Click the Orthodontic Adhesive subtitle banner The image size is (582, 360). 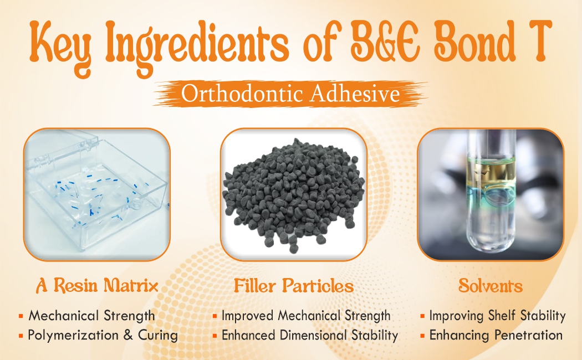[x=290, y=94]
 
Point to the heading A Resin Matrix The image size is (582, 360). [x=97, y=286]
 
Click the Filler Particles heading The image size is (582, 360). [x=293, y=286]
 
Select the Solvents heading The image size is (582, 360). [x=490, y=286]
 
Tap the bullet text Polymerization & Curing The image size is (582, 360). [x=103, y=335]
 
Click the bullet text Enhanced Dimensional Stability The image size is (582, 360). [x=310, y=335]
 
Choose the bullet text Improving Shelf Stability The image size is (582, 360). [x=497, y=316]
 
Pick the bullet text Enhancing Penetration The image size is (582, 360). [x=496, y=335]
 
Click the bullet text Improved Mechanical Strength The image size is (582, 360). [x=306, y=316]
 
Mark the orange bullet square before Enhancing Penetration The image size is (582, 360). [x=423, y=336]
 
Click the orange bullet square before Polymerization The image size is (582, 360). [x=21, y=336]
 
